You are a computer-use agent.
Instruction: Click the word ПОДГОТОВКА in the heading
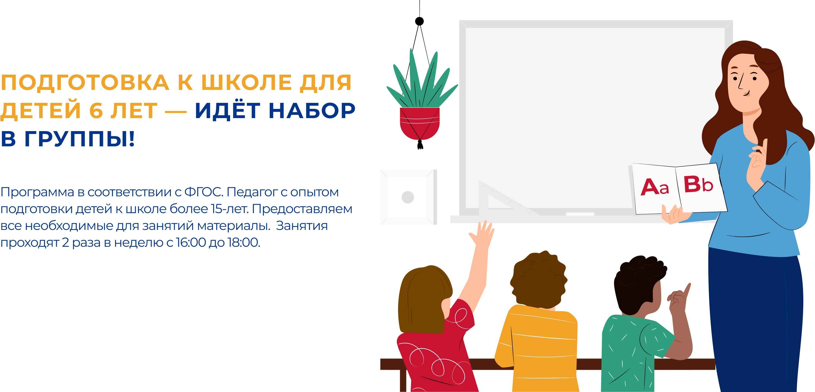(85, 83)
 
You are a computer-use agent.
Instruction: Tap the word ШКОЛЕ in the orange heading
(246, 83)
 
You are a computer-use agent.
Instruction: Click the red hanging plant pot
(419, 123)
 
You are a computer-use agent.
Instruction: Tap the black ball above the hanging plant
(419, 21)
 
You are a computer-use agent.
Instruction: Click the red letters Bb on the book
(698, 184)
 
